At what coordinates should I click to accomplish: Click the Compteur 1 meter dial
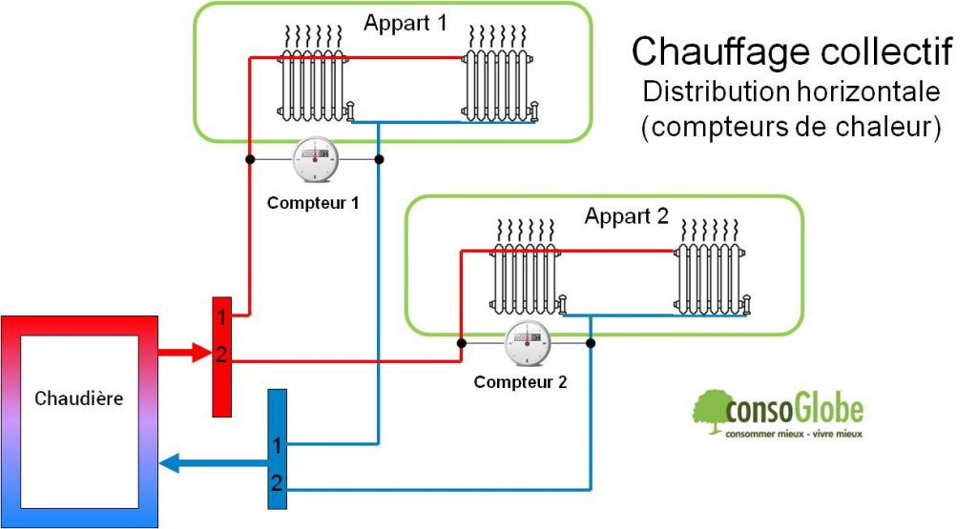coord(314,158)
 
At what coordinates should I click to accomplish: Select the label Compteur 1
coord(314,202)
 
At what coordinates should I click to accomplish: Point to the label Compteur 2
coord(521,383)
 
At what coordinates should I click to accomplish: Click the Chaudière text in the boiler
coord(78,398)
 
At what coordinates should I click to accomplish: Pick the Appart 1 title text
coord(405,23)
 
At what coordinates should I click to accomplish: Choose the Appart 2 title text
coord(627,215)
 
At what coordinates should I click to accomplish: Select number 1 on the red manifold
coord(220,315)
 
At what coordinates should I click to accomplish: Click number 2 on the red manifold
coord(220,356)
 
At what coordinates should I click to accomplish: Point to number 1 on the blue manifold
coord(277,445)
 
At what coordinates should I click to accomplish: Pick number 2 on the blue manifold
coord(277,483)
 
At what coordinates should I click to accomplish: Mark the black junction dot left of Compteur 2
coord(461,343)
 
